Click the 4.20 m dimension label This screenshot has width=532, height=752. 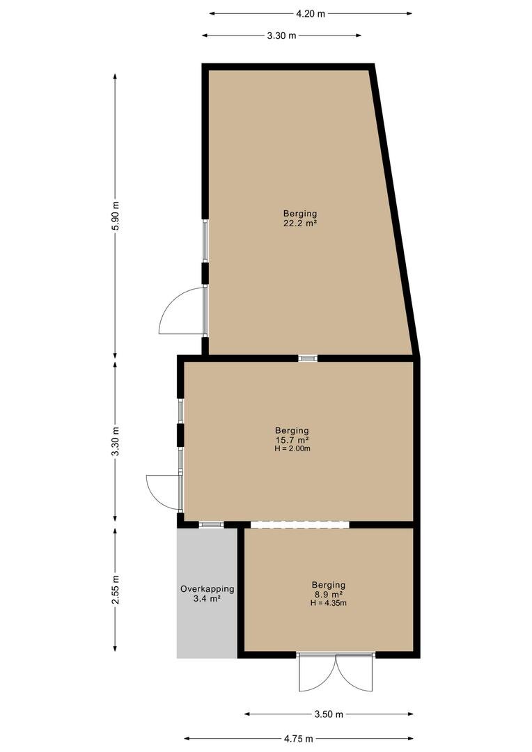coord(311,13)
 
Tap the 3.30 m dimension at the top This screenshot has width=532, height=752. coord(281,35)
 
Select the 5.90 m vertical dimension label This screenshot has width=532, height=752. coord(115,216)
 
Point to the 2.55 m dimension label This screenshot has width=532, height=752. coord(115,590)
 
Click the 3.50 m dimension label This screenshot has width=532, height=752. coord(329,714)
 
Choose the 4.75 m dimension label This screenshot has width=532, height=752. coord(299,739)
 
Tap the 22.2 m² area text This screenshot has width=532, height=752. coord(300,223)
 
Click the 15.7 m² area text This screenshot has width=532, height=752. coord(292,440)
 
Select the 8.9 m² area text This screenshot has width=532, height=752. coord(329,594)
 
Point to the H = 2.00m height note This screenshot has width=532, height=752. coord(292,448)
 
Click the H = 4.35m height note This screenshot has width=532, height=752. coord(329,603)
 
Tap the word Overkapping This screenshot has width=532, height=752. coord(208,589)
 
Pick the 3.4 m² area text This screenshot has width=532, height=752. coord(208,599)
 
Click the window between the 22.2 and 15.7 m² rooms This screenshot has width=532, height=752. coord(308,358)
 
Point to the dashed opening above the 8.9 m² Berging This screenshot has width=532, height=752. coord(300,524)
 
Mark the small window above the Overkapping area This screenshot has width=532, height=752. coord(211,525)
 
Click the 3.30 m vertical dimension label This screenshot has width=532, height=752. coord(115,441)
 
